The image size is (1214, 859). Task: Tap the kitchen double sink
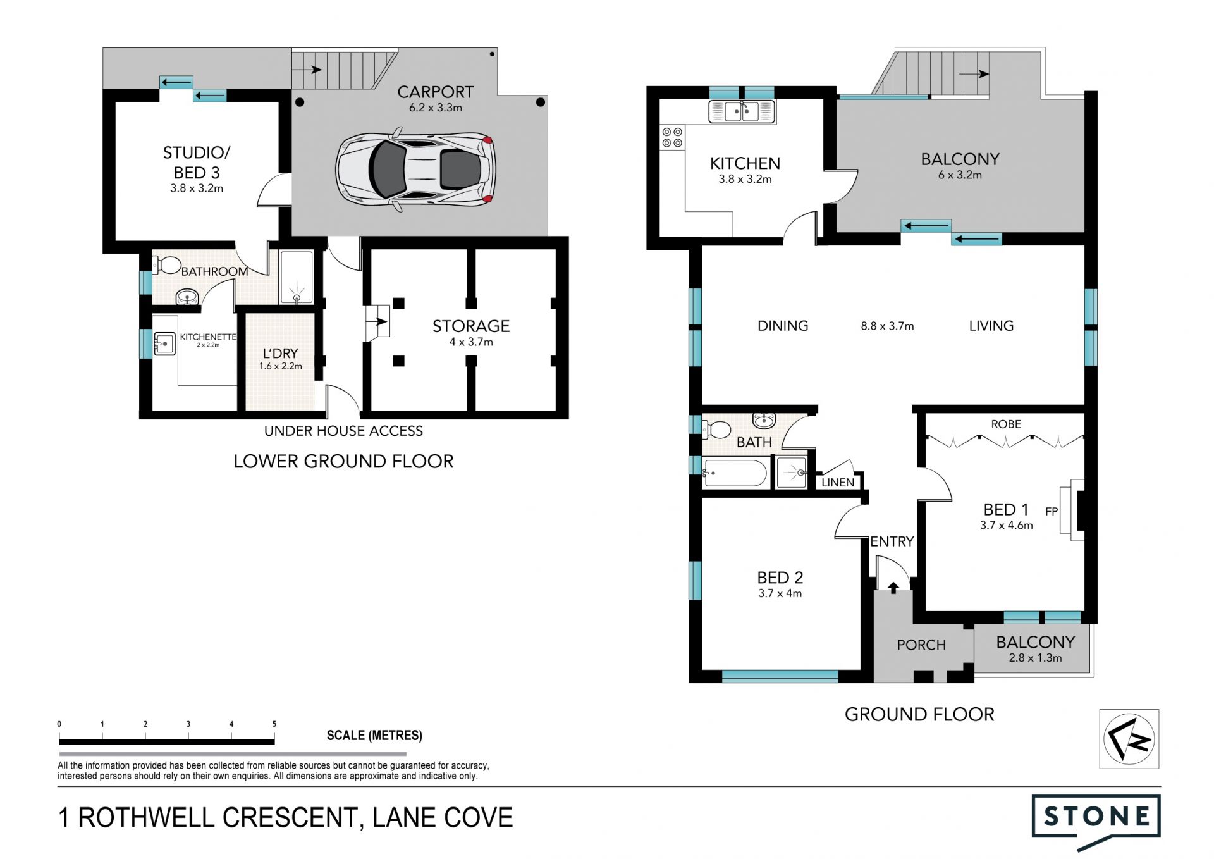(742, 112)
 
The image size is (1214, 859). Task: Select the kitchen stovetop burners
(672, 137)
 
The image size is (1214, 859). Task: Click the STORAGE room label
(471, 326)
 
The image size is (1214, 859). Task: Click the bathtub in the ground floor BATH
(735, 473)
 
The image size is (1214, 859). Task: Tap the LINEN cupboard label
(838, 483)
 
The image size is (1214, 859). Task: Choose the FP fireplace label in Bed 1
(1052, 511)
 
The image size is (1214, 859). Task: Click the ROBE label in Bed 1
(1006, 424)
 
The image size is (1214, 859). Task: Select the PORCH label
(921, 645)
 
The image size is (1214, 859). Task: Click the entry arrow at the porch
(893, 588)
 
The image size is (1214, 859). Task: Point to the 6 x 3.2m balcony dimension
(960, 175)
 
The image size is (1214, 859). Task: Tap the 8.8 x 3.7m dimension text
(887, 326)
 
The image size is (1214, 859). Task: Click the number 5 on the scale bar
(274, 724)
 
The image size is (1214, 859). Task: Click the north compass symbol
(1129, 739)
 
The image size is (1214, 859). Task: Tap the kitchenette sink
(164, 344)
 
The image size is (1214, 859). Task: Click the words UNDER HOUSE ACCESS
(343, 431)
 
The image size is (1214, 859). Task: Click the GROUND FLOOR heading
(919, 714)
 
